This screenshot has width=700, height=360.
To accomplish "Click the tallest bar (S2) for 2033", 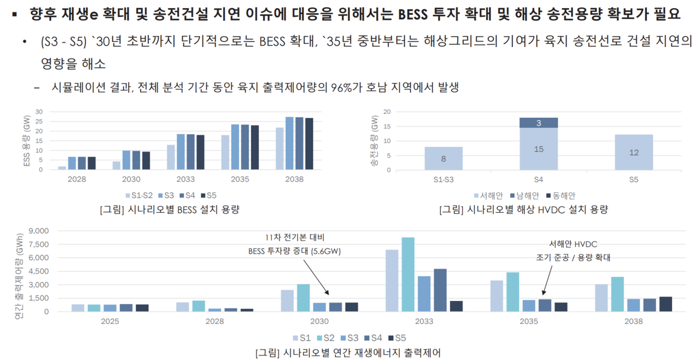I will coord(408,275).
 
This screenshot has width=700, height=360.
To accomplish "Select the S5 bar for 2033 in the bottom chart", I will coord(456,306).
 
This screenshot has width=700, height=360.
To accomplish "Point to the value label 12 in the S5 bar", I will coord(634,153).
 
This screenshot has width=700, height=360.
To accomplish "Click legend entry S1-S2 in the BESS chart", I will coord(139,195).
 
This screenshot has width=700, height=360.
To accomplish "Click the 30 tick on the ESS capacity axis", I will coord(39,112).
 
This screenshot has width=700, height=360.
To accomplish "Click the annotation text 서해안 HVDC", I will coord(573,245).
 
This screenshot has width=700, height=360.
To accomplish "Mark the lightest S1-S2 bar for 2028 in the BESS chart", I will coord(62,167).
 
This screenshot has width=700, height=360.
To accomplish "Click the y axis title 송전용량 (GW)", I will coord(374,141).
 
